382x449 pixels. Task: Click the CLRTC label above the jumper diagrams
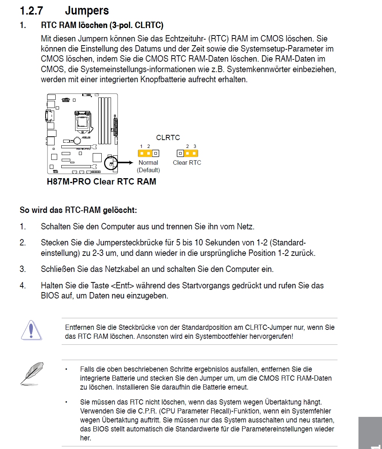pos(168,137)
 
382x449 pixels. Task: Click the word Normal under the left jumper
pos(148,162)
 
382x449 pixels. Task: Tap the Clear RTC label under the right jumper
pos(187,162)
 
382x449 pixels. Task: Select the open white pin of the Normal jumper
pos(155,153)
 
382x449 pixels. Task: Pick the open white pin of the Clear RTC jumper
pos(180,153)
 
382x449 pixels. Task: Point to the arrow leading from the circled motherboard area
pos(126,162)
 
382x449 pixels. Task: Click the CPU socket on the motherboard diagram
pos(83,120)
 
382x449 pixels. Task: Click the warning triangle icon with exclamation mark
pos(31,330)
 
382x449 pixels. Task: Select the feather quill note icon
pos(31,373)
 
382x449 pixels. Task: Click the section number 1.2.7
pos(31,10)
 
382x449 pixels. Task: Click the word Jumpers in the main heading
pos(87,10)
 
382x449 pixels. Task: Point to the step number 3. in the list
pos(23,269)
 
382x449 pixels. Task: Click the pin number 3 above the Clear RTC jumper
pos(195,146)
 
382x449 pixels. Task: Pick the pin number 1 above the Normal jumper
pos(141,146)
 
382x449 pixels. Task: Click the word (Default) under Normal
pos(148,170)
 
